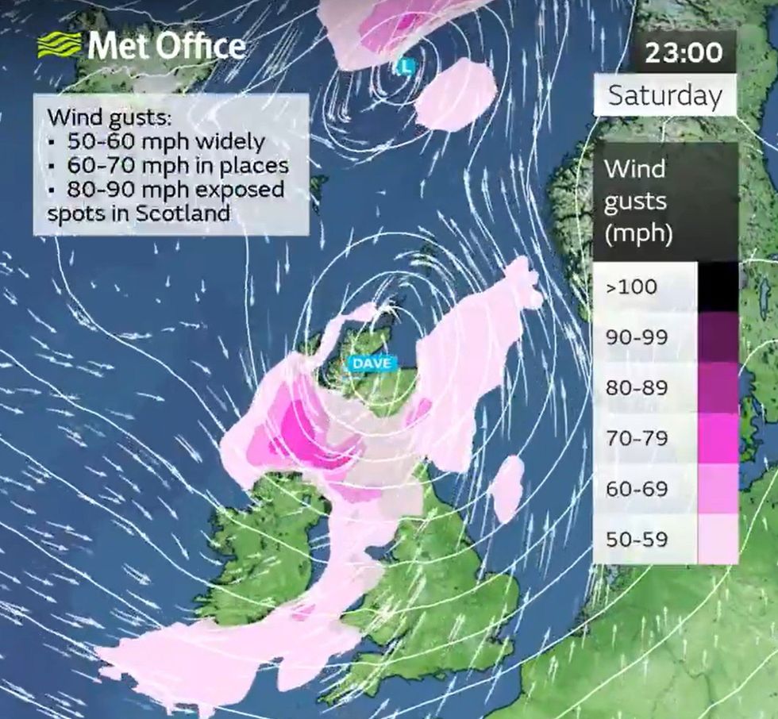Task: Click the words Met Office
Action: (166, 46)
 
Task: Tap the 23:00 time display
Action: (683, 53)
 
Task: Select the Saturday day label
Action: (665, 96)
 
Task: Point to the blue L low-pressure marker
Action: (406, 67)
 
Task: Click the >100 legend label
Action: (631, 286)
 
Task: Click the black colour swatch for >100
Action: (718, 286)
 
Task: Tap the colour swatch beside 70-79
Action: (718, 438)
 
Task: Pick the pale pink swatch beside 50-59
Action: (718, 540)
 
